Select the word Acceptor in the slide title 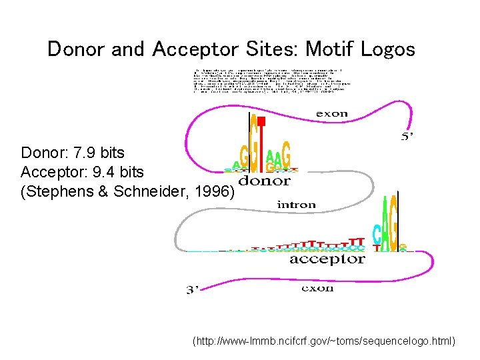point(189,49)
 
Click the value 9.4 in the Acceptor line point(97,173)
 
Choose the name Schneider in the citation point(141,192)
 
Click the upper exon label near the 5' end point(331,113)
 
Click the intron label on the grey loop point(296,205)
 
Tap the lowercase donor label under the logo point(265,181)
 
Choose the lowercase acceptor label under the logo point(327,259)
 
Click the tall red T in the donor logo point(261,143)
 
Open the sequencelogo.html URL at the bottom point(323,341)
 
